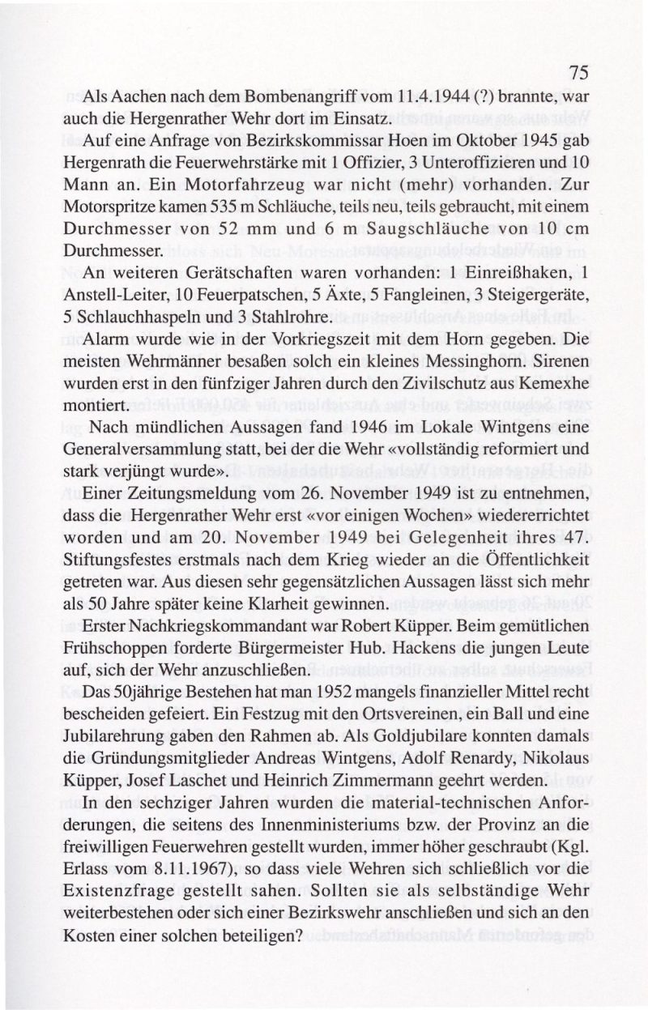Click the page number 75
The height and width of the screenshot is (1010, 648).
tap(577, 72)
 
